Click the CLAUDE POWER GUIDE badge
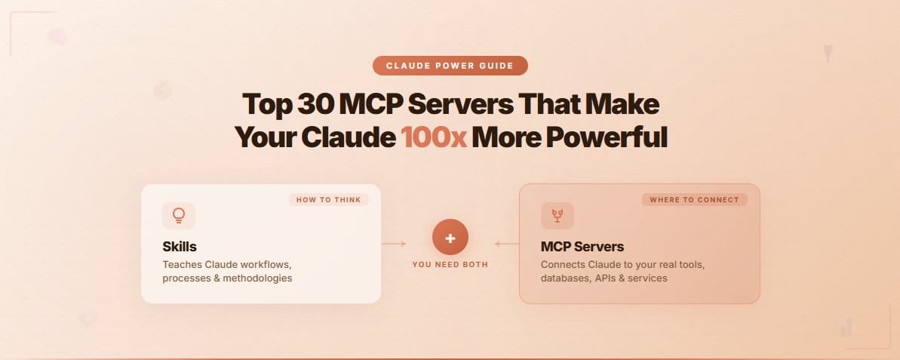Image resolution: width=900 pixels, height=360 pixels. pyautogui.click(x=450, y=66)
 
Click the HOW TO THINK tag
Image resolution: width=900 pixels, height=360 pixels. pyautogui.click(x=328, y=200)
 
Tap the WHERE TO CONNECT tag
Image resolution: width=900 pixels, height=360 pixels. pyautogui.click(x=695, y=200)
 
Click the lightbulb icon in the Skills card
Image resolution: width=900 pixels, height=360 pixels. pyautogui.click(x=179, y=216)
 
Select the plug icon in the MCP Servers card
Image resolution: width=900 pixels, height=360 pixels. pyautogui.click(x=557, y=216)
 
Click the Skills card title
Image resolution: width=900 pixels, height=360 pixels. pyautogui.click(x=180, y=246)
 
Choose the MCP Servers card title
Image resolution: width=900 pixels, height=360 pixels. pyautogui.click(x=582, y=246)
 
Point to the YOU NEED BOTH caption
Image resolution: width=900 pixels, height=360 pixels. pyautogui.click(x=450, y=264)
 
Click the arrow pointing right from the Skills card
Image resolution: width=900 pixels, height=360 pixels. pyautogui.click(x=394, y=244)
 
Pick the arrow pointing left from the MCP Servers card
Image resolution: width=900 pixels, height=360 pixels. pyautogui.click(x=507, y=244)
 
